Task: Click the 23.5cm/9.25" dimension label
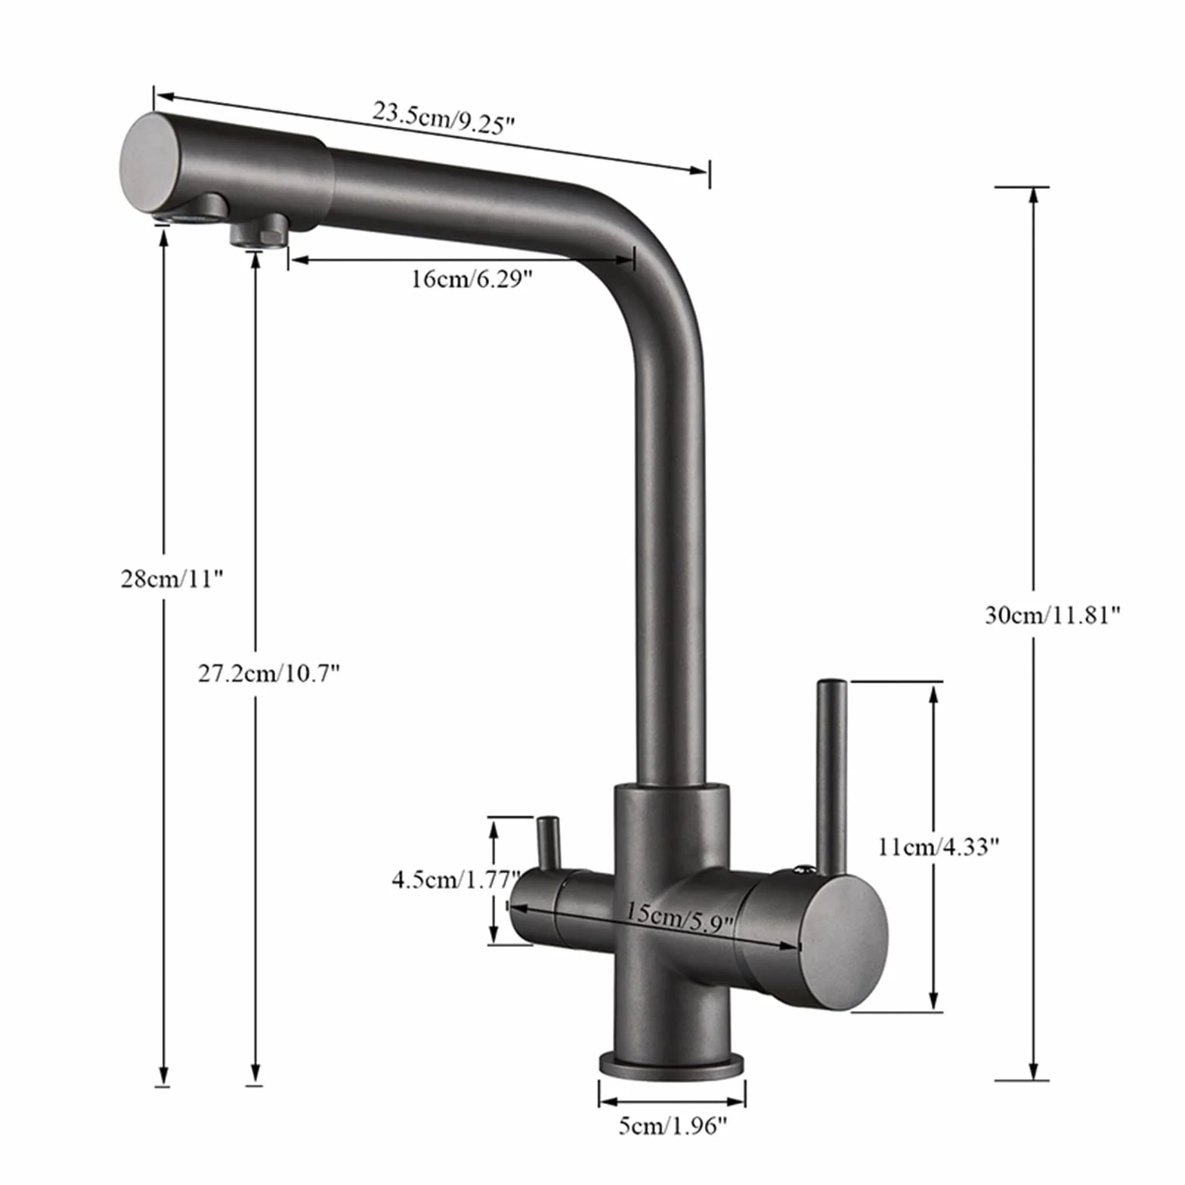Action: coord(444,119)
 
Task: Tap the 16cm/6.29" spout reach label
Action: coord(472,280)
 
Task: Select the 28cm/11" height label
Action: coord(172,579)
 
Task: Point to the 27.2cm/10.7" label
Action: coord(269,673)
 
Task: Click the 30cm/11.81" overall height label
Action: coord(1051,615)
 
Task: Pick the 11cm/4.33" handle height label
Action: coord(939,846)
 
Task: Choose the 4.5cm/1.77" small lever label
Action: coord(456,879)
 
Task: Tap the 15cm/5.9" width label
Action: coord(679,917)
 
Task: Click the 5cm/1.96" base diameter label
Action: coord(673,1126)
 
